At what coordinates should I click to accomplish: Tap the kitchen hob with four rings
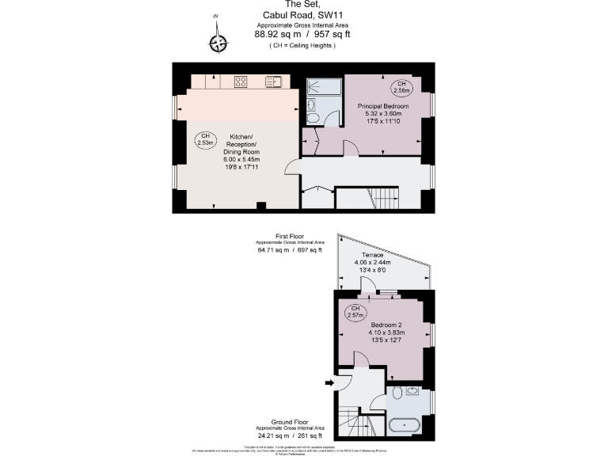242,81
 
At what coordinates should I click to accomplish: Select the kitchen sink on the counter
274,81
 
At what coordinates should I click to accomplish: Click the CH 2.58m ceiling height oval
401,87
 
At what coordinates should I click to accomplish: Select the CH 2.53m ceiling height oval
205,139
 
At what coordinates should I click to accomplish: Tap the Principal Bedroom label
383,106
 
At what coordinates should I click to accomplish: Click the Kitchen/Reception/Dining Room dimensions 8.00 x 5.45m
241,161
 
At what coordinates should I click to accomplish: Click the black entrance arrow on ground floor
329,383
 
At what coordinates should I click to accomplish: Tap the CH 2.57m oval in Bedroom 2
355,312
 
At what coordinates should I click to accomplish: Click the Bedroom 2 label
386,325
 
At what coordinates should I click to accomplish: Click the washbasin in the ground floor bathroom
412,391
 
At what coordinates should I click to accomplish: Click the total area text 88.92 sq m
276,34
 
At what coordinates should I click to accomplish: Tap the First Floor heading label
290,236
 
